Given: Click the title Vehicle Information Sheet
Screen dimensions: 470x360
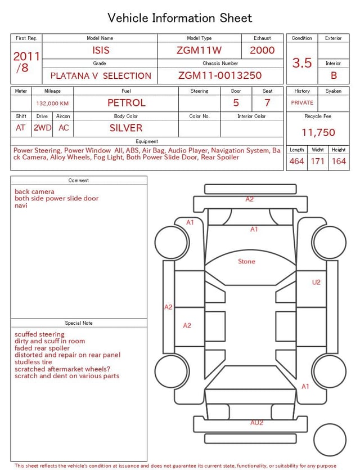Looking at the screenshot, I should [x=180, y=18].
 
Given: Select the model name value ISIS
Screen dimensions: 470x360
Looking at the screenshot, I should [x=100, y=50].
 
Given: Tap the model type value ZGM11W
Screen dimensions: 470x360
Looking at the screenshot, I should [x=199, y=50].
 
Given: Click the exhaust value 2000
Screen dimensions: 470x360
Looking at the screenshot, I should [x=262, y=50].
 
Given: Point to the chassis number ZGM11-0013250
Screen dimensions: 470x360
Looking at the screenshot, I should [x=220, y=75].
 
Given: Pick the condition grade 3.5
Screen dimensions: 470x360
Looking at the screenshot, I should [x=302, y=62].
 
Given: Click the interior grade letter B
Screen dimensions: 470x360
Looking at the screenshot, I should [x=334, y=75].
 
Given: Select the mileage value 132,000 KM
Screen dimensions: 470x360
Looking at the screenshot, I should [x=52, y=104].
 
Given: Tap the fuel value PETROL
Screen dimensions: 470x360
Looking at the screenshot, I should [x=126, y=102].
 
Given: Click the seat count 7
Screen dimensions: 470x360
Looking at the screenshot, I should [x=267, y=102].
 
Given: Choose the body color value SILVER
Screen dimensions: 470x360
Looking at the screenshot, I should [x=126, y=128].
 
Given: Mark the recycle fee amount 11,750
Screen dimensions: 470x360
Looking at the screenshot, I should [x=318, y=132].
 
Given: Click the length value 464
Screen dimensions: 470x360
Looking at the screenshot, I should [x=296, y=161].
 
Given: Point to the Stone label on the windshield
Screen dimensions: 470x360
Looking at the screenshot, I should [x=246, y=261].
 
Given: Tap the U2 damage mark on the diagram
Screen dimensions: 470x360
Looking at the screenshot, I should [x=316, y=282].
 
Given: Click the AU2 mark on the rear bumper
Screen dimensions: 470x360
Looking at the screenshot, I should [x=256, y=422].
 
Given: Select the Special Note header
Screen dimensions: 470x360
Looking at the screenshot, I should [x=79, y=323].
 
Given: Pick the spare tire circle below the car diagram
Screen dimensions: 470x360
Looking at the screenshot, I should [x=330, y=440].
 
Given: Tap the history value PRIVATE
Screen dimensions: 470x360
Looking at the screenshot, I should [x=302, y=102].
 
